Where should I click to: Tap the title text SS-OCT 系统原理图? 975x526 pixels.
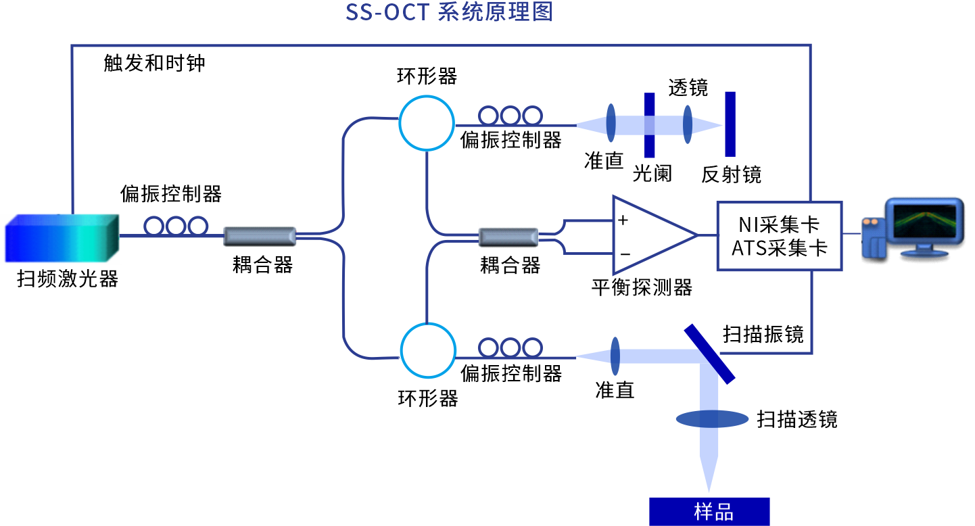tap(449, 12)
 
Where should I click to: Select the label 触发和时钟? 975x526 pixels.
tap(154, 64)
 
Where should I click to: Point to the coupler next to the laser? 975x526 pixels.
tap(260, 236)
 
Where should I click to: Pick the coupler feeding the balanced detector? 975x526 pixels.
tap(508, 237)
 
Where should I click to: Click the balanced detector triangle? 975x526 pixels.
tap(649, 235)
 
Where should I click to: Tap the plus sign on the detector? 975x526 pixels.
tap(623, 220)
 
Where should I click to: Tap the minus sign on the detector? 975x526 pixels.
tap(625, 254)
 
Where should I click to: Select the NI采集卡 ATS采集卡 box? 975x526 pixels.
tap(780, 236)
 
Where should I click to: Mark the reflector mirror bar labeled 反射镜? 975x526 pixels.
tap(730, 124)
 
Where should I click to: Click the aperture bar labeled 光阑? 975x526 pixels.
tap(650, 124)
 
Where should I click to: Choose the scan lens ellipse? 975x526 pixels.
tap(712, 419)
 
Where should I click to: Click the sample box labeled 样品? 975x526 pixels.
tap(709, 512)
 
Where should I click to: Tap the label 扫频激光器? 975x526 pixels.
tap(68, 279)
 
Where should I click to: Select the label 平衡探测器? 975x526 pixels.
tap(642, 288)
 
